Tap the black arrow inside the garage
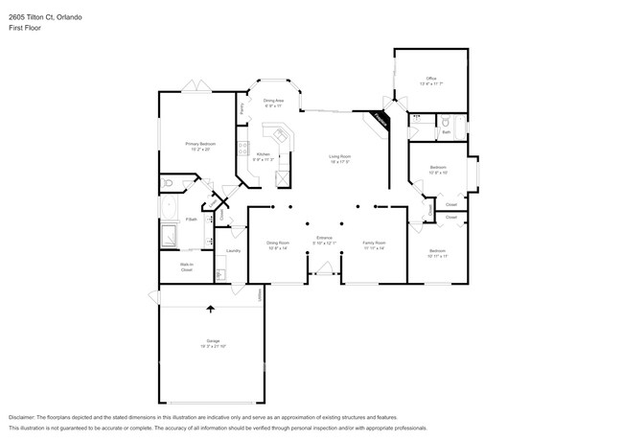[211, 309]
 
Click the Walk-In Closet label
[187, 267]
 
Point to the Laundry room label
[233, 251]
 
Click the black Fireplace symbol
[381, 120]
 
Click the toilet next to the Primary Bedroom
[168, 182]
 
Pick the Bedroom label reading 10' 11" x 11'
[437, 253]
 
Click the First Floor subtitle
[25, 28]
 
